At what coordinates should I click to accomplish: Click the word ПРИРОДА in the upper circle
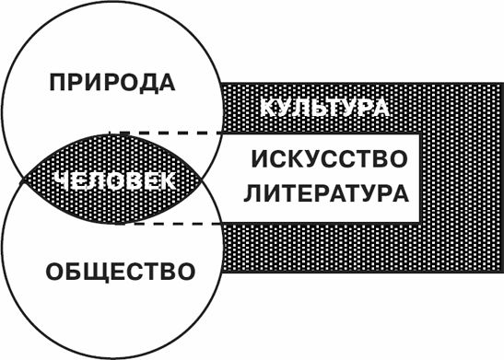coord(112,83)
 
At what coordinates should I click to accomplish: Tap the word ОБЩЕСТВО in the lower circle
coord(120,273)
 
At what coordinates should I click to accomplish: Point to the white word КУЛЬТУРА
coord(323,107)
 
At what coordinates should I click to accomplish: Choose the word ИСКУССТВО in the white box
coord(329,159)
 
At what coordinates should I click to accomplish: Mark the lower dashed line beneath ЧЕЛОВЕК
coord(175,223)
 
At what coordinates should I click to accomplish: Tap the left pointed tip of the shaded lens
coord(22,180)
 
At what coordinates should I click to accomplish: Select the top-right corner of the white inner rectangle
coord(421,134)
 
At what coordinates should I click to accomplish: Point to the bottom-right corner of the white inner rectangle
coord(421,222)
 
